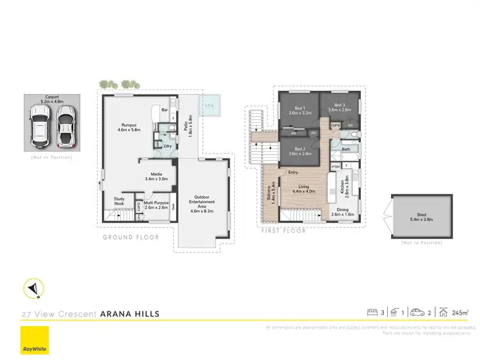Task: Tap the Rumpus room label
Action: tap(129, 128)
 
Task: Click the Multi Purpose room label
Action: tap(156, 205)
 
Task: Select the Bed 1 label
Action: tap(299, 110)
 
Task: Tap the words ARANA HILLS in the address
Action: tap(130, 314)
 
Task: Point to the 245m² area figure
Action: tap(460, 313)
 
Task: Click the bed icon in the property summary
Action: tap(371, 313)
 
